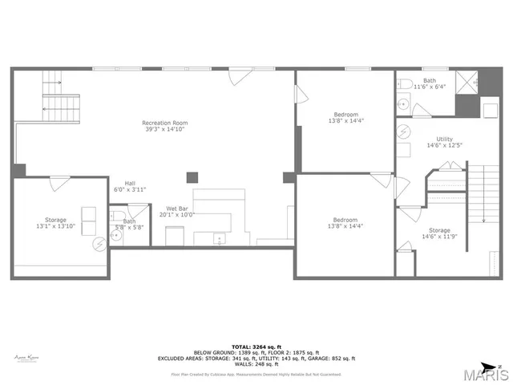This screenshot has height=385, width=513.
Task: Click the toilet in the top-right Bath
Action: tap(405, 84)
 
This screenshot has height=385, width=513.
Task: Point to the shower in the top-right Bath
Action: tap(467, 82)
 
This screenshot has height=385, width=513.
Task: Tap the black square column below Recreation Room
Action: tap(192, 177)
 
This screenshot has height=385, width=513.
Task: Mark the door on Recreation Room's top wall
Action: tap(238, 76)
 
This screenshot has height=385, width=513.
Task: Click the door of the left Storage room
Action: tap(59, 184)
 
